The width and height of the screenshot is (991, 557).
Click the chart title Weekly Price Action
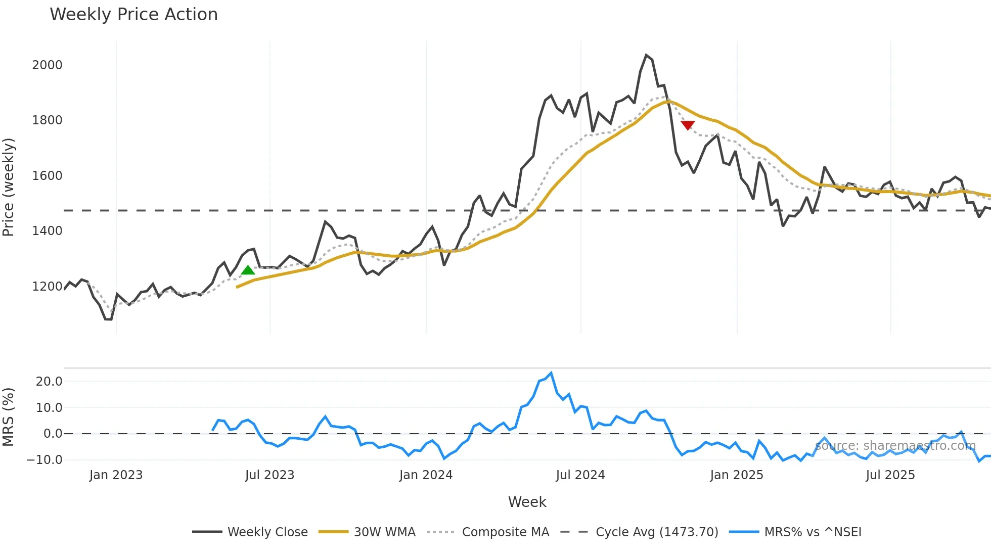pos(133,15)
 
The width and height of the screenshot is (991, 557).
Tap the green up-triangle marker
pos(248,270)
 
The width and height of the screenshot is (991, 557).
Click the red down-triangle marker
pos(688,125)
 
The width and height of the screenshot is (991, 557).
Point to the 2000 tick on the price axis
pos(47,65)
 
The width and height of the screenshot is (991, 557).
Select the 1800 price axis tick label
pos(47,120)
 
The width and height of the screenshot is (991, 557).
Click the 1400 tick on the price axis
pos(47,231)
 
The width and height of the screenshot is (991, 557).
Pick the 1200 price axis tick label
pos(47,287)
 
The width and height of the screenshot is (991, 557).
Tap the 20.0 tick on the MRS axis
pos(49,382)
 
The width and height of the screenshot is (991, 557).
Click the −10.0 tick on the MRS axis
pos(45,460)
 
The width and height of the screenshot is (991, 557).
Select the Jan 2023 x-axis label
pos(116,475)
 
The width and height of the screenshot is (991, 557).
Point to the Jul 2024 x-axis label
pos(580,475)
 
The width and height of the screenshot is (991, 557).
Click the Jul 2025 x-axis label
pos(890,475)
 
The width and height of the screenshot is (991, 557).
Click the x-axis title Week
pos(527,502)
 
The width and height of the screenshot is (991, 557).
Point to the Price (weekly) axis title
pos(9,187)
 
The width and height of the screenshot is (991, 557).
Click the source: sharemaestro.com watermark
pos(895,446)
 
